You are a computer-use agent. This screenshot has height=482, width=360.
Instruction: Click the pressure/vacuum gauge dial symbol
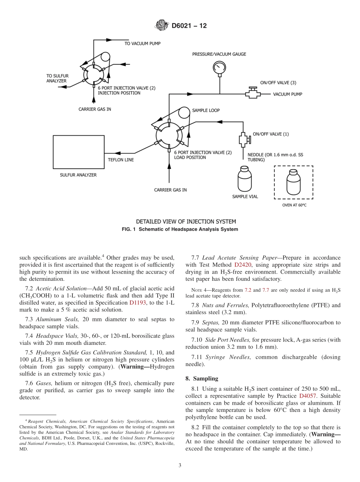tap(219, 67)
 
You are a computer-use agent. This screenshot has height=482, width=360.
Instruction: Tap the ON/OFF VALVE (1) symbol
tap(243, 140)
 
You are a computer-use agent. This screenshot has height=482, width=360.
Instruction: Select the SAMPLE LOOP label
tap(206, 111)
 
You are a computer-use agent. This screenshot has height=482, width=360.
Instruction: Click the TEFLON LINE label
tap(121, 160)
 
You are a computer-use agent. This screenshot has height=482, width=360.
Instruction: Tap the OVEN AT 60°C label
tap(294, 205)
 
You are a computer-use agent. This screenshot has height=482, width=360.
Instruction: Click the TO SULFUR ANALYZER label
tap(57, 78)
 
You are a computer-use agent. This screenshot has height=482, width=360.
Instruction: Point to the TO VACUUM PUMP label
tap(142, 44)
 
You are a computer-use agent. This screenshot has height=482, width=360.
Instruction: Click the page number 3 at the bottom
tap(180, 465)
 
